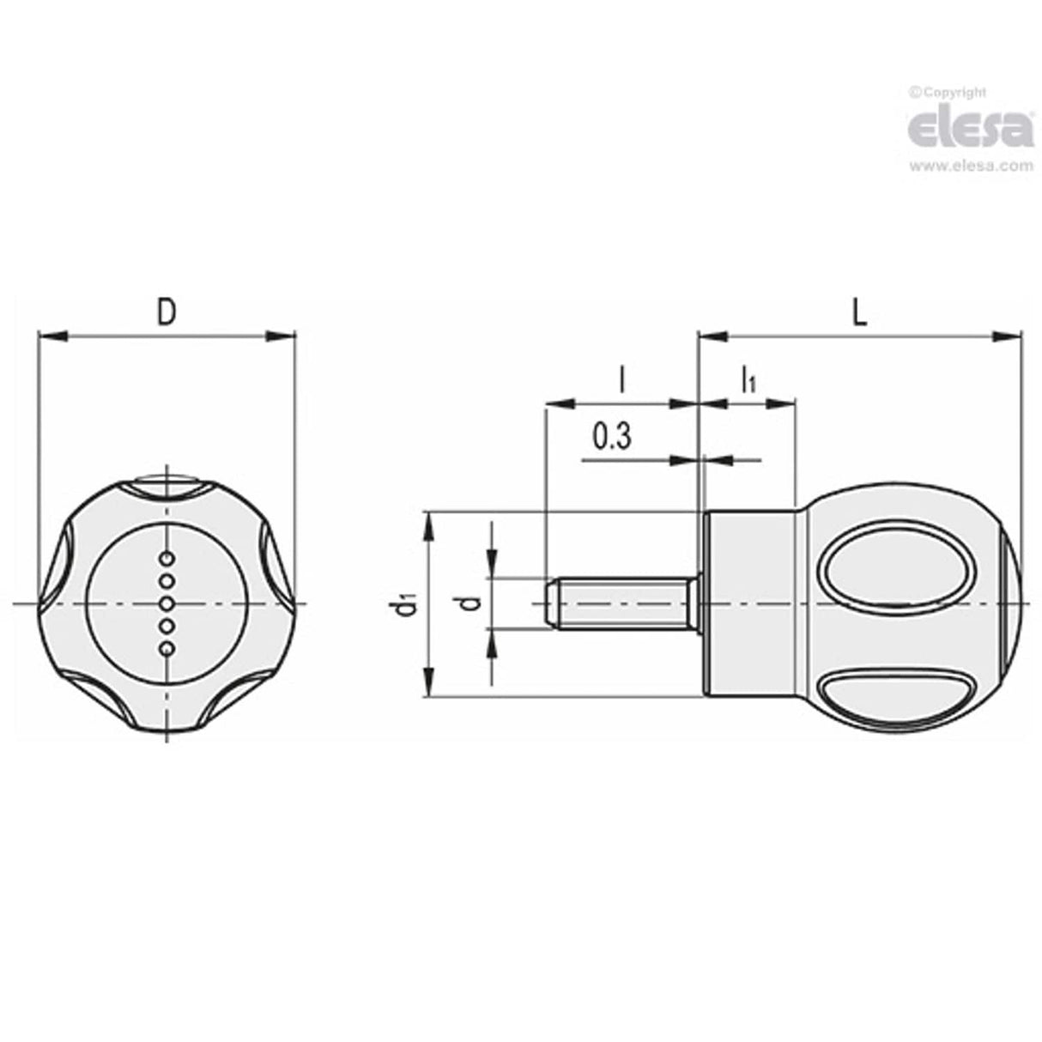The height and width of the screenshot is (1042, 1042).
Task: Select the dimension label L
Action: click(x=859, y=312)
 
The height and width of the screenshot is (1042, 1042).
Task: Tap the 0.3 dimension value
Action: click(x=611, y=438)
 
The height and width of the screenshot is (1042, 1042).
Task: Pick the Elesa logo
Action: click(x=971, y=130)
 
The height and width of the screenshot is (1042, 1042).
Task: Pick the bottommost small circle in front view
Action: click(x=168, y=648)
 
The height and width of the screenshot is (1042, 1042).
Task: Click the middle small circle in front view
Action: click(x=168, y=603)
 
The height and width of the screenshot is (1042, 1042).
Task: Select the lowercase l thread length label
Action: click(x=621, y=379)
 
